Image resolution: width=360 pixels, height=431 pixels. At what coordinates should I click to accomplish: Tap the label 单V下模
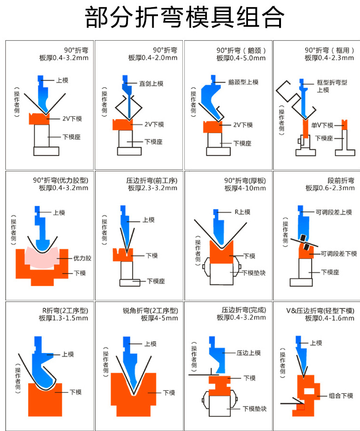(x=321, y=125)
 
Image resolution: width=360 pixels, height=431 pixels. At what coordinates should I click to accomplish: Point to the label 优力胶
(x=82, y=258)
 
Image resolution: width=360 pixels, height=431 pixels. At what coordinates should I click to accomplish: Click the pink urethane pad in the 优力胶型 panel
(x=40, y=258)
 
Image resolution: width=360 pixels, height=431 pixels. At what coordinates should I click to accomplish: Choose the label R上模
(x=242, y=212)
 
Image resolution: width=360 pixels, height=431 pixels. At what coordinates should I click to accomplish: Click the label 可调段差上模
(x=334, y=212)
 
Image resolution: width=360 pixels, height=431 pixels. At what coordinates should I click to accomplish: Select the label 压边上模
(x=248, y=353)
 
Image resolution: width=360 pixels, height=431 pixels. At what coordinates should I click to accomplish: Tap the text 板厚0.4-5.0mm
(x=241, y=58)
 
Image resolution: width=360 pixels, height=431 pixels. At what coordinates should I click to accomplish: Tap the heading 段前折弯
(x=341, y=180)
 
